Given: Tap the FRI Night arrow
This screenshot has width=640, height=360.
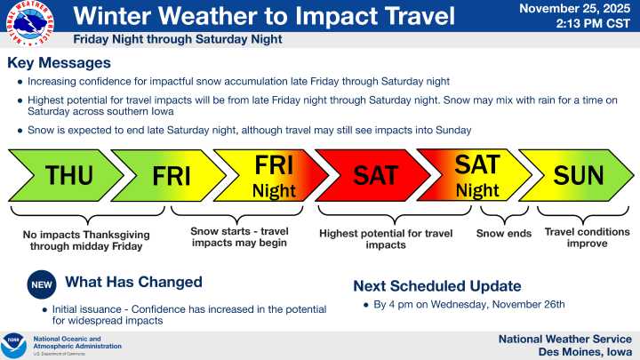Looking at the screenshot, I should tap(271, 176).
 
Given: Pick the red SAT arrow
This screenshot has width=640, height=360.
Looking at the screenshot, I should tap(373, 176).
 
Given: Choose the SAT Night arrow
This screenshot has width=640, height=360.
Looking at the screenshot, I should tap(476, 176).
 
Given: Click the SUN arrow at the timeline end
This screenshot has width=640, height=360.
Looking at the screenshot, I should tap(578, 176).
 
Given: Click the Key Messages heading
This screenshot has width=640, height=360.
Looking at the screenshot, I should tap(59, 63).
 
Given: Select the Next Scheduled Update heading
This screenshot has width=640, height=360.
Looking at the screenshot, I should tap(437, 285).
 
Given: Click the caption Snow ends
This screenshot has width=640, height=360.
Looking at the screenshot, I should tap(503, 234).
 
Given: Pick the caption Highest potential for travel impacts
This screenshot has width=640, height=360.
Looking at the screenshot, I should tap(385, 239).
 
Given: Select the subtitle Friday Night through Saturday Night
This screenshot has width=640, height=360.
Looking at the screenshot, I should tap(178, 40).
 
